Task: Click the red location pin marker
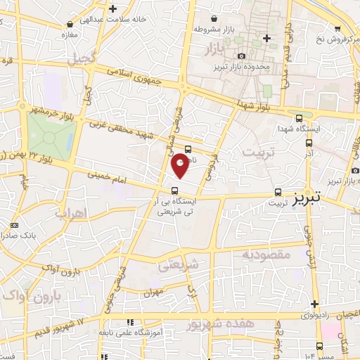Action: (x=181, y=166)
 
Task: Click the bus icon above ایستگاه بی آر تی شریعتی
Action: (x=175, y=190)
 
